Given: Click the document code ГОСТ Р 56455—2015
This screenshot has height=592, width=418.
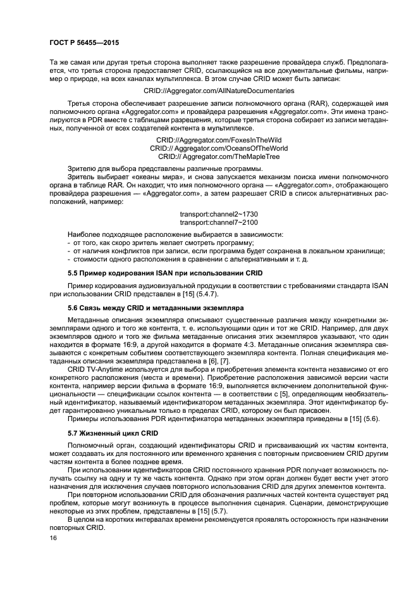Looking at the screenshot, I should (83, 42).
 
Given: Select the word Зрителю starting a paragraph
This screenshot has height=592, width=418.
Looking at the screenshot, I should (81, 168).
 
